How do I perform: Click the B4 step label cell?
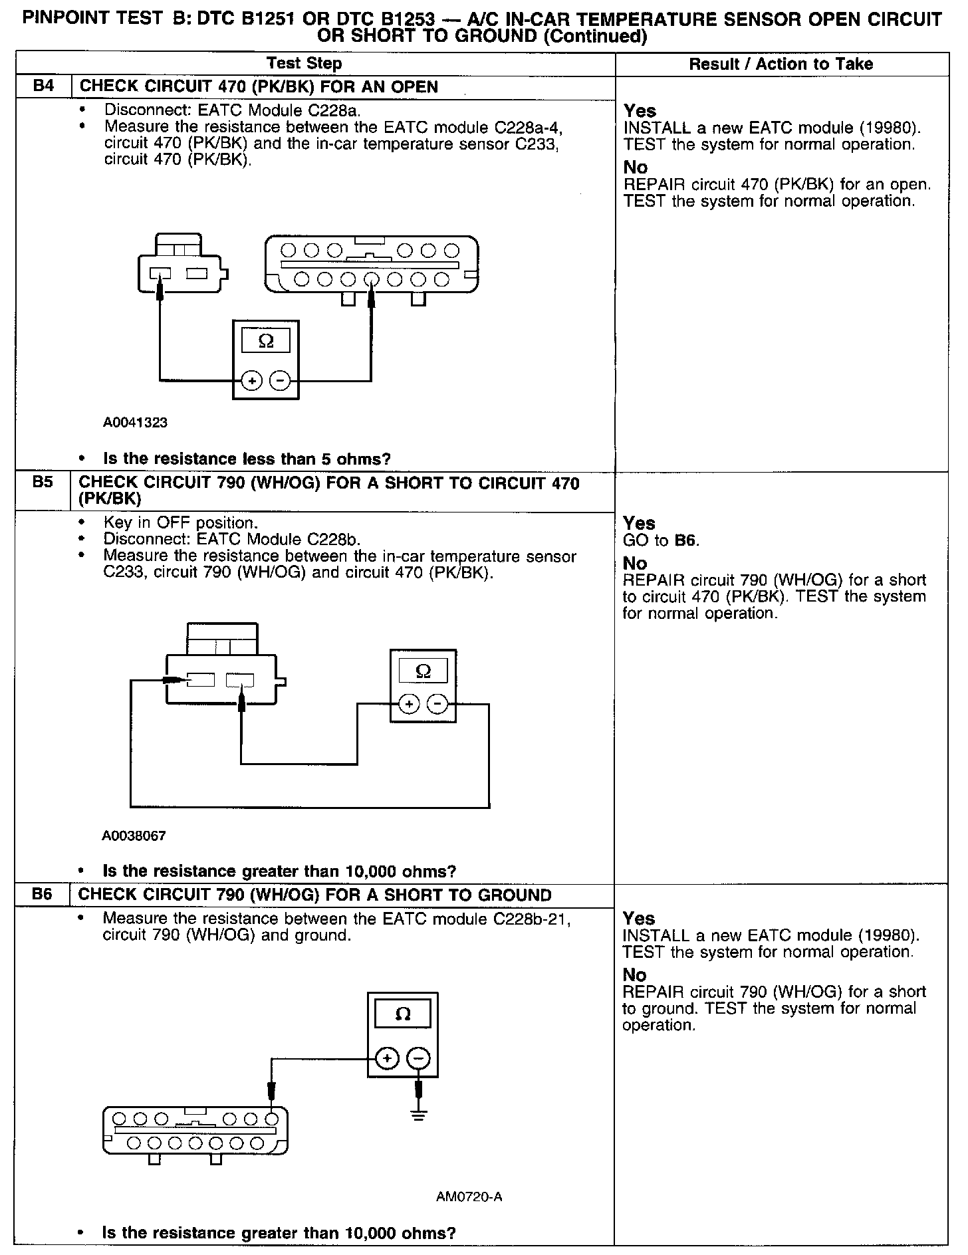pos(43,86)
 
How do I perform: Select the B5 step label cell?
pos(43,483)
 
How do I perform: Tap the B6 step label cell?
pos(42,895)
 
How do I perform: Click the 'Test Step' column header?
pos(304,64)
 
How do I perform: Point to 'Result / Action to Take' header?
pos(781,64)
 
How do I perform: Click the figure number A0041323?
pos(135,422)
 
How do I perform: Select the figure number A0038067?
pos(134,836)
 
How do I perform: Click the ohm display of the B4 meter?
pos(266,341)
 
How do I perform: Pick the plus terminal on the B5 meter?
pos(409,704)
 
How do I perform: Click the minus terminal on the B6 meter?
pos(419,1058)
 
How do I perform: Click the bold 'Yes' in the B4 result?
pos(640,111)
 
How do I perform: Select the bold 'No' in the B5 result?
pos(635,563)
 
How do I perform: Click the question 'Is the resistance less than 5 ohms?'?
pos(247,459)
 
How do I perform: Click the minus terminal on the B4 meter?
pos(281,381)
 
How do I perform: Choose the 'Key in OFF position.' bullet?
pos(180,522)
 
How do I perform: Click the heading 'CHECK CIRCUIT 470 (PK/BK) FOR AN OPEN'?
pos(259,86)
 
